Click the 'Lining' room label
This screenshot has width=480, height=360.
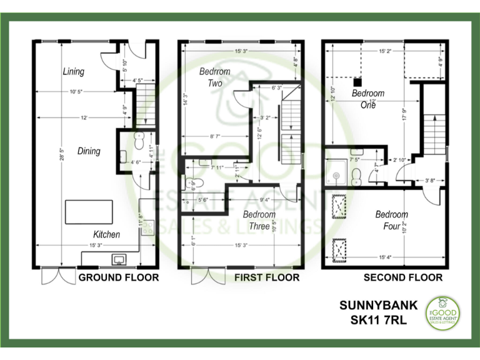click(x=73, y=71)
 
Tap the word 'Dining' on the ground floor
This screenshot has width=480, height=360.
click(x=89, y=151)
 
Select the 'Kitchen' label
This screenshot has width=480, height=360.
click(x=106, y=234)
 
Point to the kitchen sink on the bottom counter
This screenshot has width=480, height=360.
click(x=119, y=259)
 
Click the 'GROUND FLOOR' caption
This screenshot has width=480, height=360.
click(x=118, y=277)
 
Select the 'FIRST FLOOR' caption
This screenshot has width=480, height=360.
click(x=267, y=277)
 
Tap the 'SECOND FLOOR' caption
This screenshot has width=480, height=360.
click(x=403, y=277)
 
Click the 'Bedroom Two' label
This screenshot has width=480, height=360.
click(x=214, y=77)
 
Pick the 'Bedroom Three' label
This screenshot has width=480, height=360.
click(x=259, y=220)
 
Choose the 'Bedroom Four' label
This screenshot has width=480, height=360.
click(x=391, y=220)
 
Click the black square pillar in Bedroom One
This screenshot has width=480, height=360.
click(x=357, y=81)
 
